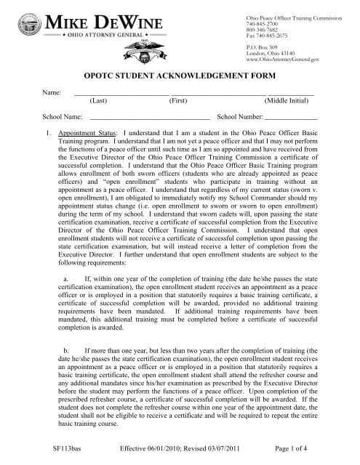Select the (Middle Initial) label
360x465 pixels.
coord(290,103)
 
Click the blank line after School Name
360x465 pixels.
coord(149,118)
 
